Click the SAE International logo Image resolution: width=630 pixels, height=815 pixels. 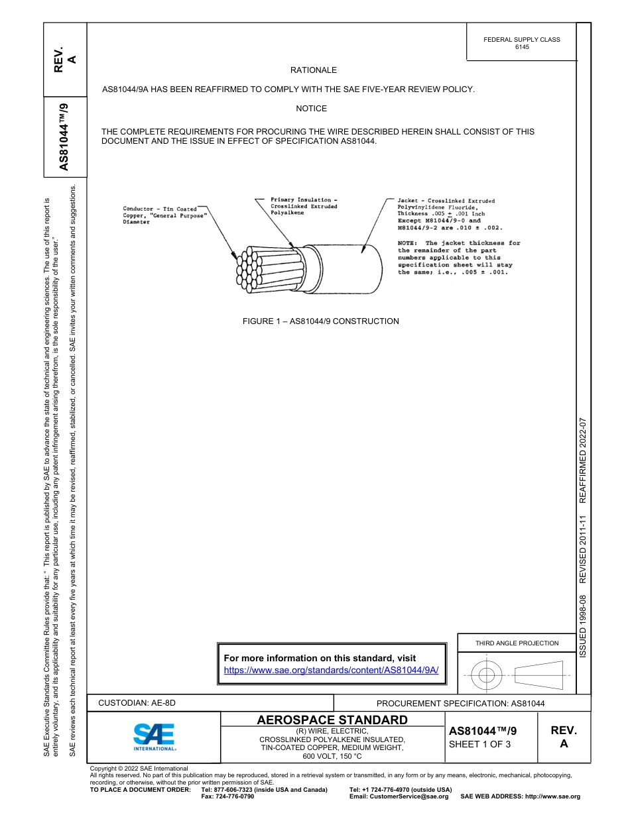pyautogui.click(x=155, y=736)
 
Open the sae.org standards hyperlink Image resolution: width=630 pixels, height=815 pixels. pyautogui.click(x=332, y=670)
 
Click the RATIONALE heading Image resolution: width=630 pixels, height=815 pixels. pyautogui.click(x=313, y=70)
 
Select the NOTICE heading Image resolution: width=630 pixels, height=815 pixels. pyautogui.click(x=311, y=109)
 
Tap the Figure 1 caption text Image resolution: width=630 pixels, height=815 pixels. pyautogui.click(x=320, y=321)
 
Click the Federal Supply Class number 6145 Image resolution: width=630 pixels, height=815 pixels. pyautogui.click(x=522, y=48)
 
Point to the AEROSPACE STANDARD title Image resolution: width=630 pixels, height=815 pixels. pyautogui.click(x=332, y=720)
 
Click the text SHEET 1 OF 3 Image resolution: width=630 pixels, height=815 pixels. pyautogui.click(x=480, y=744)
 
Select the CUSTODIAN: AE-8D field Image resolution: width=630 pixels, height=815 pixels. pyautogui.click(x=137, y=703)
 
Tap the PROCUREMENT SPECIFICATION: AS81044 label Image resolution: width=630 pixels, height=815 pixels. pyautogui.click(x=460, y=704)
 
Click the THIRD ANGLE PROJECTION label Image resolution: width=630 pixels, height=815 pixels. pyautogui.click(x=517, y=643)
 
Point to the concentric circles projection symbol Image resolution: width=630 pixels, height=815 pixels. pyautogui.click(x=487, y=675)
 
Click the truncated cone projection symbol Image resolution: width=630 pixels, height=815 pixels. pyautogui.click(x=538, y=675)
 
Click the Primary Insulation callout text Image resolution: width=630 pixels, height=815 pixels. pyautogui.click(x=304, y=206)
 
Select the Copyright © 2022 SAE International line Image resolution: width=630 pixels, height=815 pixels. pyautogui.click(x=139, y=769)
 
